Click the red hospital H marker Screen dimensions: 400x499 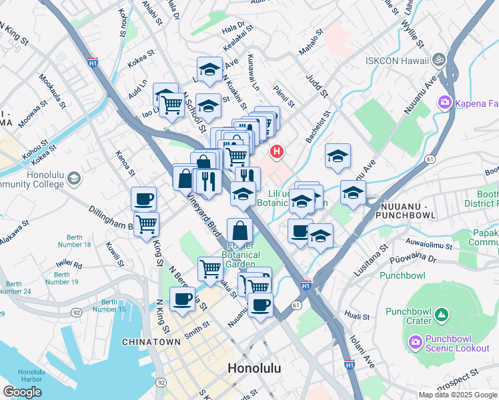(277, 153)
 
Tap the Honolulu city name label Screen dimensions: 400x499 (254, 368)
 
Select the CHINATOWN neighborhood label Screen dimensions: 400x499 (151, 341)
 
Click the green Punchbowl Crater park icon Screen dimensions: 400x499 (441, 313)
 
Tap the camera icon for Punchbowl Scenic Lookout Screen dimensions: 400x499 (414, 342)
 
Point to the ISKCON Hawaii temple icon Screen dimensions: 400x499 (438, 61)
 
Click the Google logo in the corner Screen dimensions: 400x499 (22, 392)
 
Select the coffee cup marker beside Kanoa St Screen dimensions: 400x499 (144, 198)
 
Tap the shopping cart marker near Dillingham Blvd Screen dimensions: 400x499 (146, 223)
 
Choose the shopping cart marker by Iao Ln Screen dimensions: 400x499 (172, 103)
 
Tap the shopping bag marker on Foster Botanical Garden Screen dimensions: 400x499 (239, 231)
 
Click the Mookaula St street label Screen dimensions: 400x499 (53, 93)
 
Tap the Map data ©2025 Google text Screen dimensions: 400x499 (457, 394)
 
